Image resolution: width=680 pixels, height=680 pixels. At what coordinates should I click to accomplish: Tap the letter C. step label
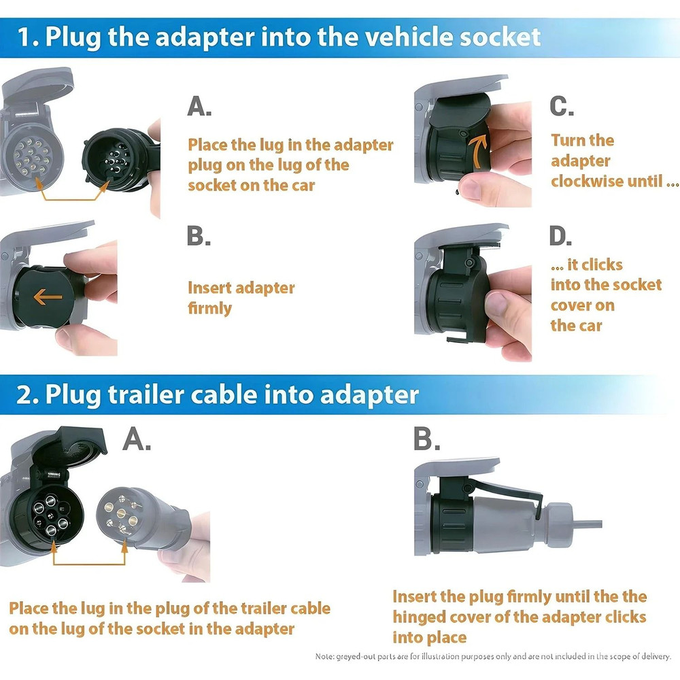562,106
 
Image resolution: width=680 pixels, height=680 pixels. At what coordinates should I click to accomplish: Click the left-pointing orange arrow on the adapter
48,296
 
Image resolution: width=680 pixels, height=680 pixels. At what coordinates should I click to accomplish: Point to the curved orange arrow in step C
481,150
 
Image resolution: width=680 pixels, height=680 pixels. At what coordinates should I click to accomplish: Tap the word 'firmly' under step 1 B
209,308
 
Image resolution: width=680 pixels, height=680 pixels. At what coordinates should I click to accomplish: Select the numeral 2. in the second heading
27,396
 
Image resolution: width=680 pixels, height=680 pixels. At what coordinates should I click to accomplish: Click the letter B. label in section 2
426,440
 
